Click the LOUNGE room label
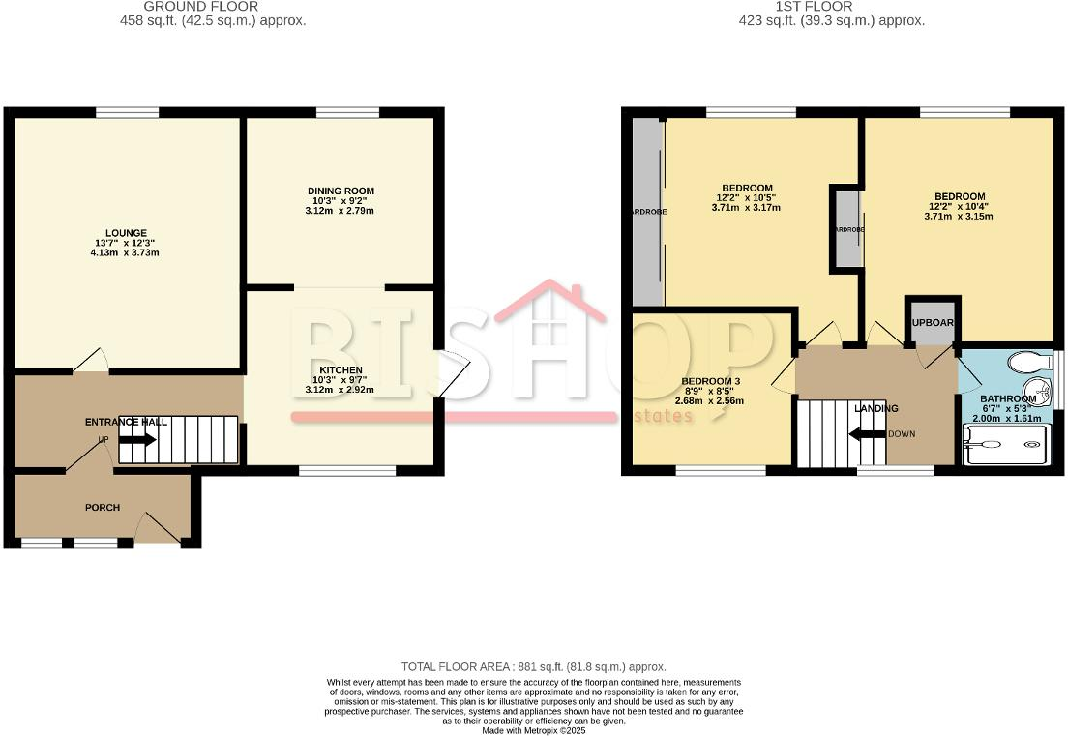click(x=127, y=233)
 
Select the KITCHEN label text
click(x=341, y=370)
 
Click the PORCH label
click(x=103, y=507)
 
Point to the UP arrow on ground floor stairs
click(x=137, y=439)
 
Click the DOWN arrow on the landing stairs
click(x=868, y=433)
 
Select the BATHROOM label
click(x=1008, y=398)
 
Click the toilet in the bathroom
click(x=1027, y=362)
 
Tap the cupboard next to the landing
click(x=933, y=323)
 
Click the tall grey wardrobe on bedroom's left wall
click(x=646, y=211)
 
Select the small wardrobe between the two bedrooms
click(x=847, y=229)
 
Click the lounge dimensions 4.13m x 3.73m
click(x=127, y=253)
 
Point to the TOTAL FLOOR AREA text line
click(x=533, y=667)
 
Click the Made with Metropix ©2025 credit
click(x=533, y=730)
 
